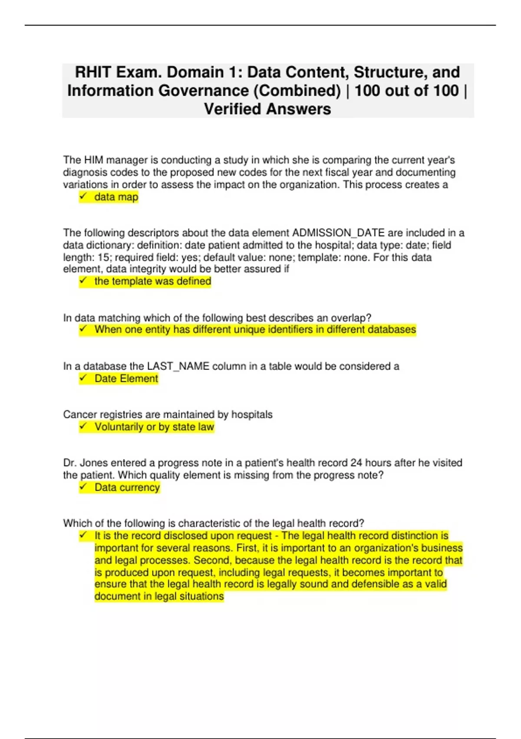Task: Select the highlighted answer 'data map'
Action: click(116, 197)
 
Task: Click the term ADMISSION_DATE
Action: click(338, 233)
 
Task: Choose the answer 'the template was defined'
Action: click(153, 281)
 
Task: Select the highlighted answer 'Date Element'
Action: click(126, 379)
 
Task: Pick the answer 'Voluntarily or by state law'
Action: click(155, 427)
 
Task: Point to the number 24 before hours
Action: click(356, 463)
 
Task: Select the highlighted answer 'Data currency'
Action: click(127, 487)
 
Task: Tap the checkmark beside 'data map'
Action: click(83, 196)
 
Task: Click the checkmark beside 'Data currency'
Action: click(83, 487)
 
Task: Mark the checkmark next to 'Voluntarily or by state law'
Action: click(83, 426)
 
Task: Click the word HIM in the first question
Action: click(93, 160)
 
